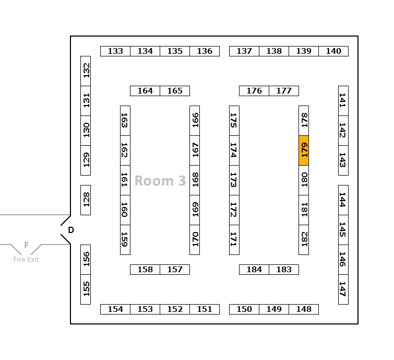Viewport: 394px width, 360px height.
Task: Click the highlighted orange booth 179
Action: pos(304,150)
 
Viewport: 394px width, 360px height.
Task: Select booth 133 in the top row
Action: pos(115,51)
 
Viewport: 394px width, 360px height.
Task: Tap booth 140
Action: pos(333,51)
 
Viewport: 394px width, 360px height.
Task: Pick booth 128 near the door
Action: pos(86,200)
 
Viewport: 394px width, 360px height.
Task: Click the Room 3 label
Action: pos(160,181)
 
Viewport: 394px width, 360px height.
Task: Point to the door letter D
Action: pos(71,230)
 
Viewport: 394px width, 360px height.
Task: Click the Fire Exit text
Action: pos(26,260)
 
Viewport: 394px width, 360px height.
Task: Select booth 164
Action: pos(145,91)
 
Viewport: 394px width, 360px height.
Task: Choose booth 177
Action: pos(284,91)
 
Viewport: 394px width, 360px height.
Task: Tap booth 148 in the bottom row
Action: pos(304,309)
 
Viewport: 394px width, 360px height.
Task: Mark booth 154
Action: pos(115,309)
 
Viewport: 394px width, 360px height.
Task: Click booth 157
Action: pos(175,270)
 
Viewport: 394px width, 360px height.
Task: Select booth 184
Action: pos(254,270)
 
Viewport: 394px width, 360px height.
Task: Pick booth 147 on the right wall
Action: pos(343,289)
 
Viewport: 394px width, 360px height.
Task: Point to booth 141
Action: pos(343,101)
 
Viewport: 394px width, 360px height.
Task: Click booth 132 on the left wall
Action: pos(86,71)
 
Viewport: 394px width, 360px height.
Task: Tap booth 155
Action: pos(86,289)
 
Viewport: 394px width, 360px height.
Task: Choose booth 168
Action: pos(195,180)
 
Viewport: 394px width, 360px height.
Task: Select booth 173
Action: pos(234,180)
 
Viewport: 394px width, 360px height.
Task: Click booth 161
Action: pos(125,180)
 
